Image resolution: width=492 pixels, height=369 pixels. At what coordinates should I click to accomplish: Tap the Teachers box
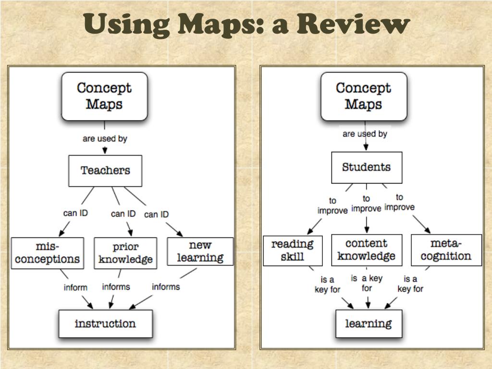(105, 171)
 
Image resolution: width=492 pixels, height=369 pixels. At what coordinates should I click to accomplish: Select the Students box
(367, 167)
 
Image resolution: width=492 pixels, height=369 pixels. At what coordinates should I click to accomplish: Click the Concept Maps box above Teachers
(104, 96)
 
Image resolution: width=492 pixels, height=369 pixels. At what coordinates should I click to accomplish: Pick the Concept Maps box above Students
(364, 96)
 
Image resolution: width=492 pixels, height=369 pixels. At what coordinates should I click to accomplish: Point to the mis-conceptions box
(48, 253)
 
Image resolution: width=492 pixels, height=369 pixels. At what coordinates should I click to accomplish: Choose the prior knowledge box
(125, 253)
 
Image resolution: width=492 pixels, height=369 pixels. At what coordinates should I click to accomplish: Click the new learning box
(200, 251)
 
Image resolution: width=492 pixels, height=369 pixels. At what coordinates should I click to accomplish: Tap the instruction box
(105, 323)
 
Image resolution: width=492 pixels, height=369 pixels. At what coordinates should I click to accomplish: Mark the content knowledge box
(366, 249)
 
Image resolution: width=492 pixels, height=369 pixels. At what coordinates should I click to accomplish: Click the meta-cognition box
(446, 250)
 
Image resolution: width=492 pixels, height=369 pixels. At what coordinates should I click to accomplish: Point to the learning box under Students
(369, 323)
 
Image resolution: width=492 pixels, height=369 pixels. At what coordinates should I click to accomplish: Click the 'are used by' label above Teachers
(105, 138)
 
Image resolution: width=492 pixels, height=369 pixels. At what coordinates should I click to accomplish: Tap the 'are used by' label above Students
(365, 134)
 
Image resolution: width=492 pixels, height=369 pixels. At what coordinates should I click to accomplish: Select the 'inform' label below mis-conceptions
(75, 287)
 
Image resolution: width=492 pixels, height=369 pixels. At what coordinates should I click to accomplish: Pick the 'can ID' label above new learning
(157, 214)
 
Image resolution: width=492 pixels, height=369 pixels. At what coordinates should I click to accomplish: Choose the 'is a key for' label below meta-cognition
(410, 284)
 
